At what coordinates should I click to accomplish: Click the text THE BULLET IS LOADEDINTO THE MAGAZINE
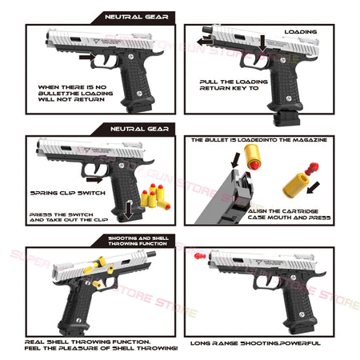point(258,140)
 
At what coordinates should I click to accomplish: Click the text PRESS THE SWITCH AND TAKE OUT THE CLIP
point(63,218)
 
